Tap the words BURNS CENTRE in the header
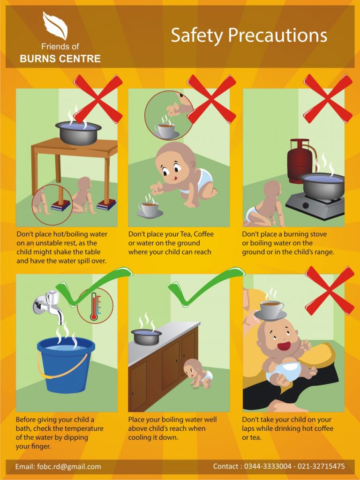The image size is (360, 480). (x=60, y=59)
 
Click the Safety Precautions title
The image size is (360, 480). (x=249, y=35)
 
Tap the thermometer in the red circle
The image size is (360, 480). (x=94, y=306)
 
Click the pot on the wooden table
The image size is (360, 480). (x=78, y=132)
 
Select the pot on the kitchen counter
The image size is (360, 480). (x=146, y=337)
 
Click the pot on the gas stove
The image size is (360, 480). (x=322, y=185)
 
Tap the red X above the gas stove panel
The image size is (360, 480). (x=328, y=98)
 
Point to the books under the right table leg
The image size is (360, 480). (x=106, y=204)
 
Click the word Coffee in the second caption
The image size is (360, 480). (x=203, y=234)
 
